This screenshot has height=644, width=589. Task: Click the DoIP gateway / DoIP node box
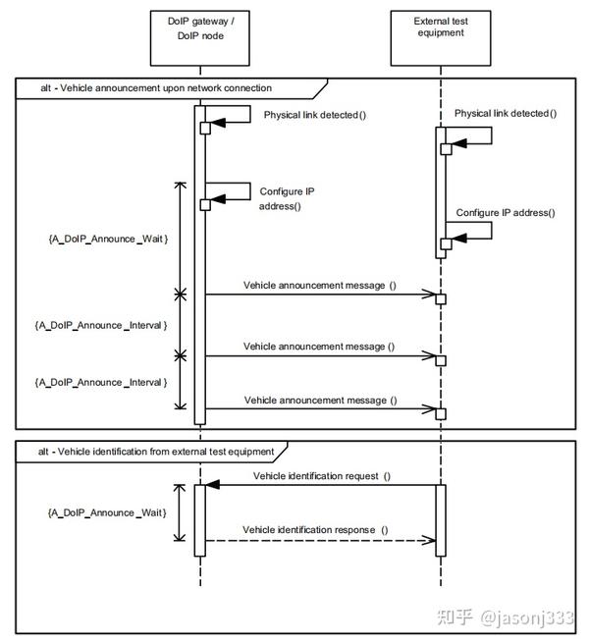200,38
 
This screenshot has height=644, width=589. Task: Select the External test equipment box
441,38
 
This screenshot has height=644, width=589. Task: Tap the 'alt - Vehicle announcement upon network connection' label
156,88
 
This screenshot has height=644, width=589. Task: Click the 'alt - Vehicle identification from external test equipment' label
156,452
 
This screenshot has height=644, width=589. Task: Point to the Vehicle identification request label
322,476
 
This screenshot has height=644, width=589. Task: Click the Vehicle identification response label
315,530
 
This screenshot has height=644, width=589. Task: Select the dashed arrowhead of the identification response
428,540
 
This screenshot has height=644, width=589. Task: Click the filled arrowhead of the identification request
212,485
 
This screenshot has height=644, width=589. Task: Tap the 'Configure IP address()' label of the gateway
287,198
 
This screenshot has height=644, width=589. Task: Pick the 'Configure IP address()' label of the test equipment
506,213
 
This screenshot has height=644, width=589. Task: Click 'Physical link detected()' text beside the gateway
315,115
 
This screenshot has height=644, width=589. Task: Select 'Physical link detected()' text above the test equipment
506,113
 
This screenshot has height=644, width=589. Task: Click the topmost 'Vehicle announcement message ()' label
320,286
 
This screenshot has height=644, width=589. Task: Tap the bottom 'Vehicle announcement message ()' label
320,401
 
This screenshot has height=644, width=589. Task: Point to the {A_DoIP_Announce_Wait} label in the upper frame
108,239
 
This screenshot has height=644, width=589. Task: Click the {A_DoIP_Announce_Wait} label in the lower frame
107,512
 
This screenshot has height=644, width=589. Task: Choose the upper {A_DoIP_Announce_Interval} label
101,325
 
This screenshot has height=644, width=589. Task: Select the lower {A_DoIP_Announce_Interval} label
101,383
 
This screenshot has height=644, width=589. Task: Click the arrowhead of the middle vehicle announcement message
428,355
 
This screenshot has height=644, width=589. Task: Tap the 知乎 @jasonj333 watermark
505,617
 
